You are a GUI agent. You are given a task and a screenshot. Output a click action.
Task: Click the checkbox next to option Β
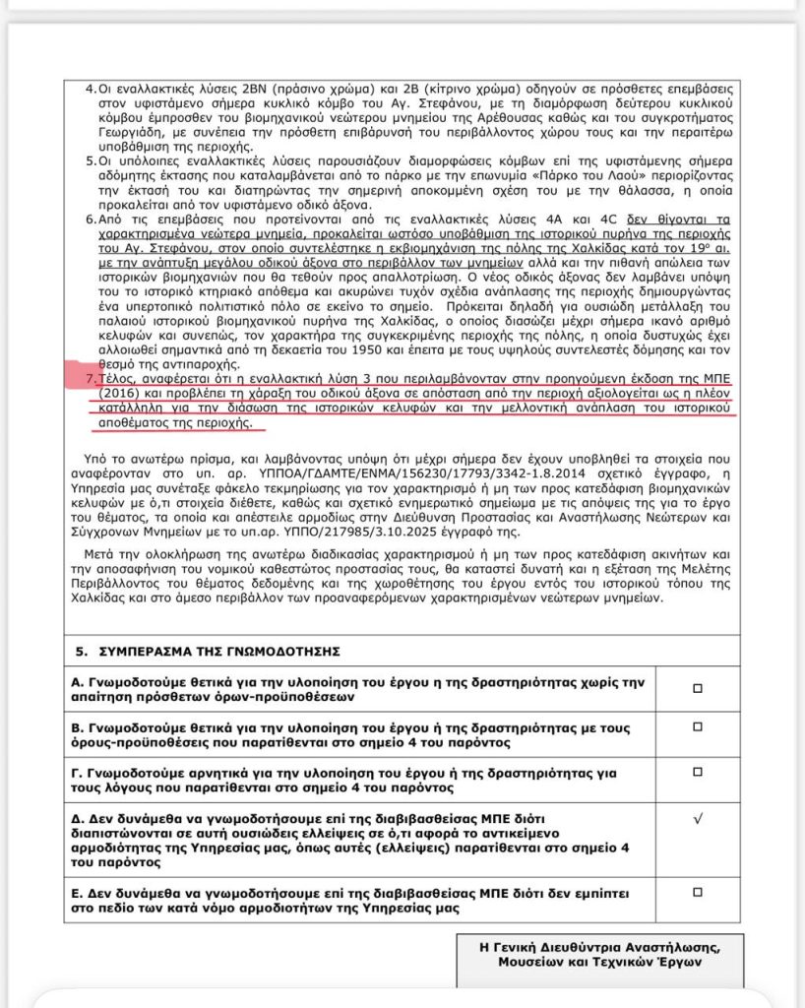[x=697, y=727]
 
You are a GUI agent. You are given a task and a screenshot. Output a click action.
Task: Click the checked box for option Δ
[x=697, y=818]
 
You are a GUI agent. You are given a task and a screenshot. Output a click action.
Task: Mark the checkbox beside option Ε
[x=697, y=892]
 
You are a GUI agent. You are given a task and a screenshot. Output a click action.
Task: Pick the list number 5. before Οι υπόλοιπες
[x=91, y=160]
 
